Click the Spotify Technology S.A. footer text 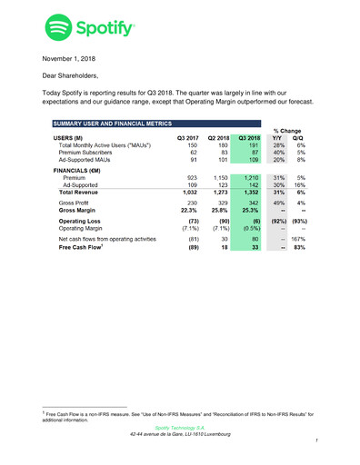(x=179, y=426)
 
